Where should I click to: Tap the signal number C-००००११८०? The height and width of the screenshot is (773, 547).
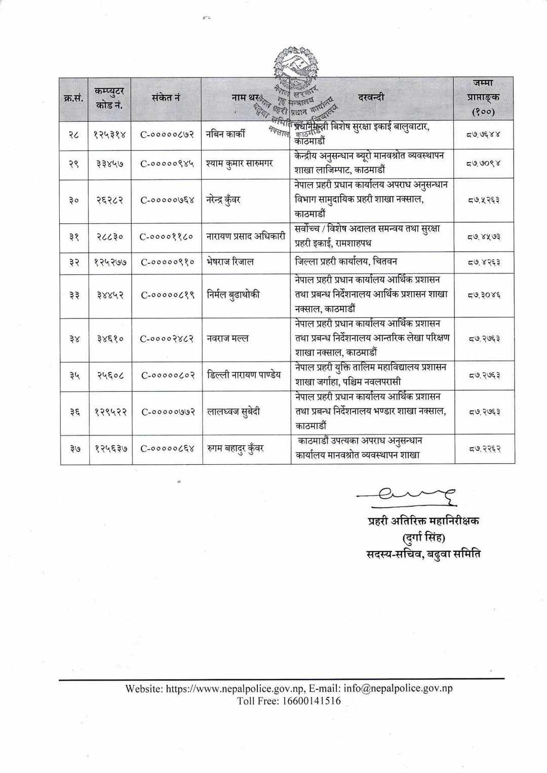[x=167, y=236]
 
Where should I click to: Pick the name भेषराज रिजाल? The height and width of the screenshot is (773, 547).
[x=230, y=262]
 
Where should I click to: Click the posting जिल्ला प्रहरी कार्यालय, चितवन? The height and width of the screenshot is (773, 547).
[x=346, y=262]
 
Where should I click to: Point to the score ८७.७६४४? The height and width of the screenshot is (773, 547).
[x=484, y=135]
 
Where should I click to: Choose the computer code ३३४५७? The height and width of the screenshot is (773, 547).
[x=110, y=164]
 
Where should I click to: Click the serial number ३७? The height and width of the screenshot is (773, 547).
[x=74, y=449]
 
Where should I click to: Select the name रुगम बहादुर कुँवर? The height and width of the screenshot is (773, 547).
[x=235, y=449]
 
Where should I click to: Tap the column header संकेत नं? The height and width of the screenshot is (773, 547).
[x=166, y=97]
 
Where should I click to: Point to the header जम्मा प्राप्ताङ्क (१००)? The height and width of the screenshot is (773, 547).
[x=484, y=97]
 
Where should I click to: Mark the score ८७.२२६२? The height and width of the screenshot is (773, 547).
[x=484, y=449]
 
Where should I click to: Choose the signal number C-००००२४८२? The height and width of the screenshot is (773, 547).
[x=167, y=339]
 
